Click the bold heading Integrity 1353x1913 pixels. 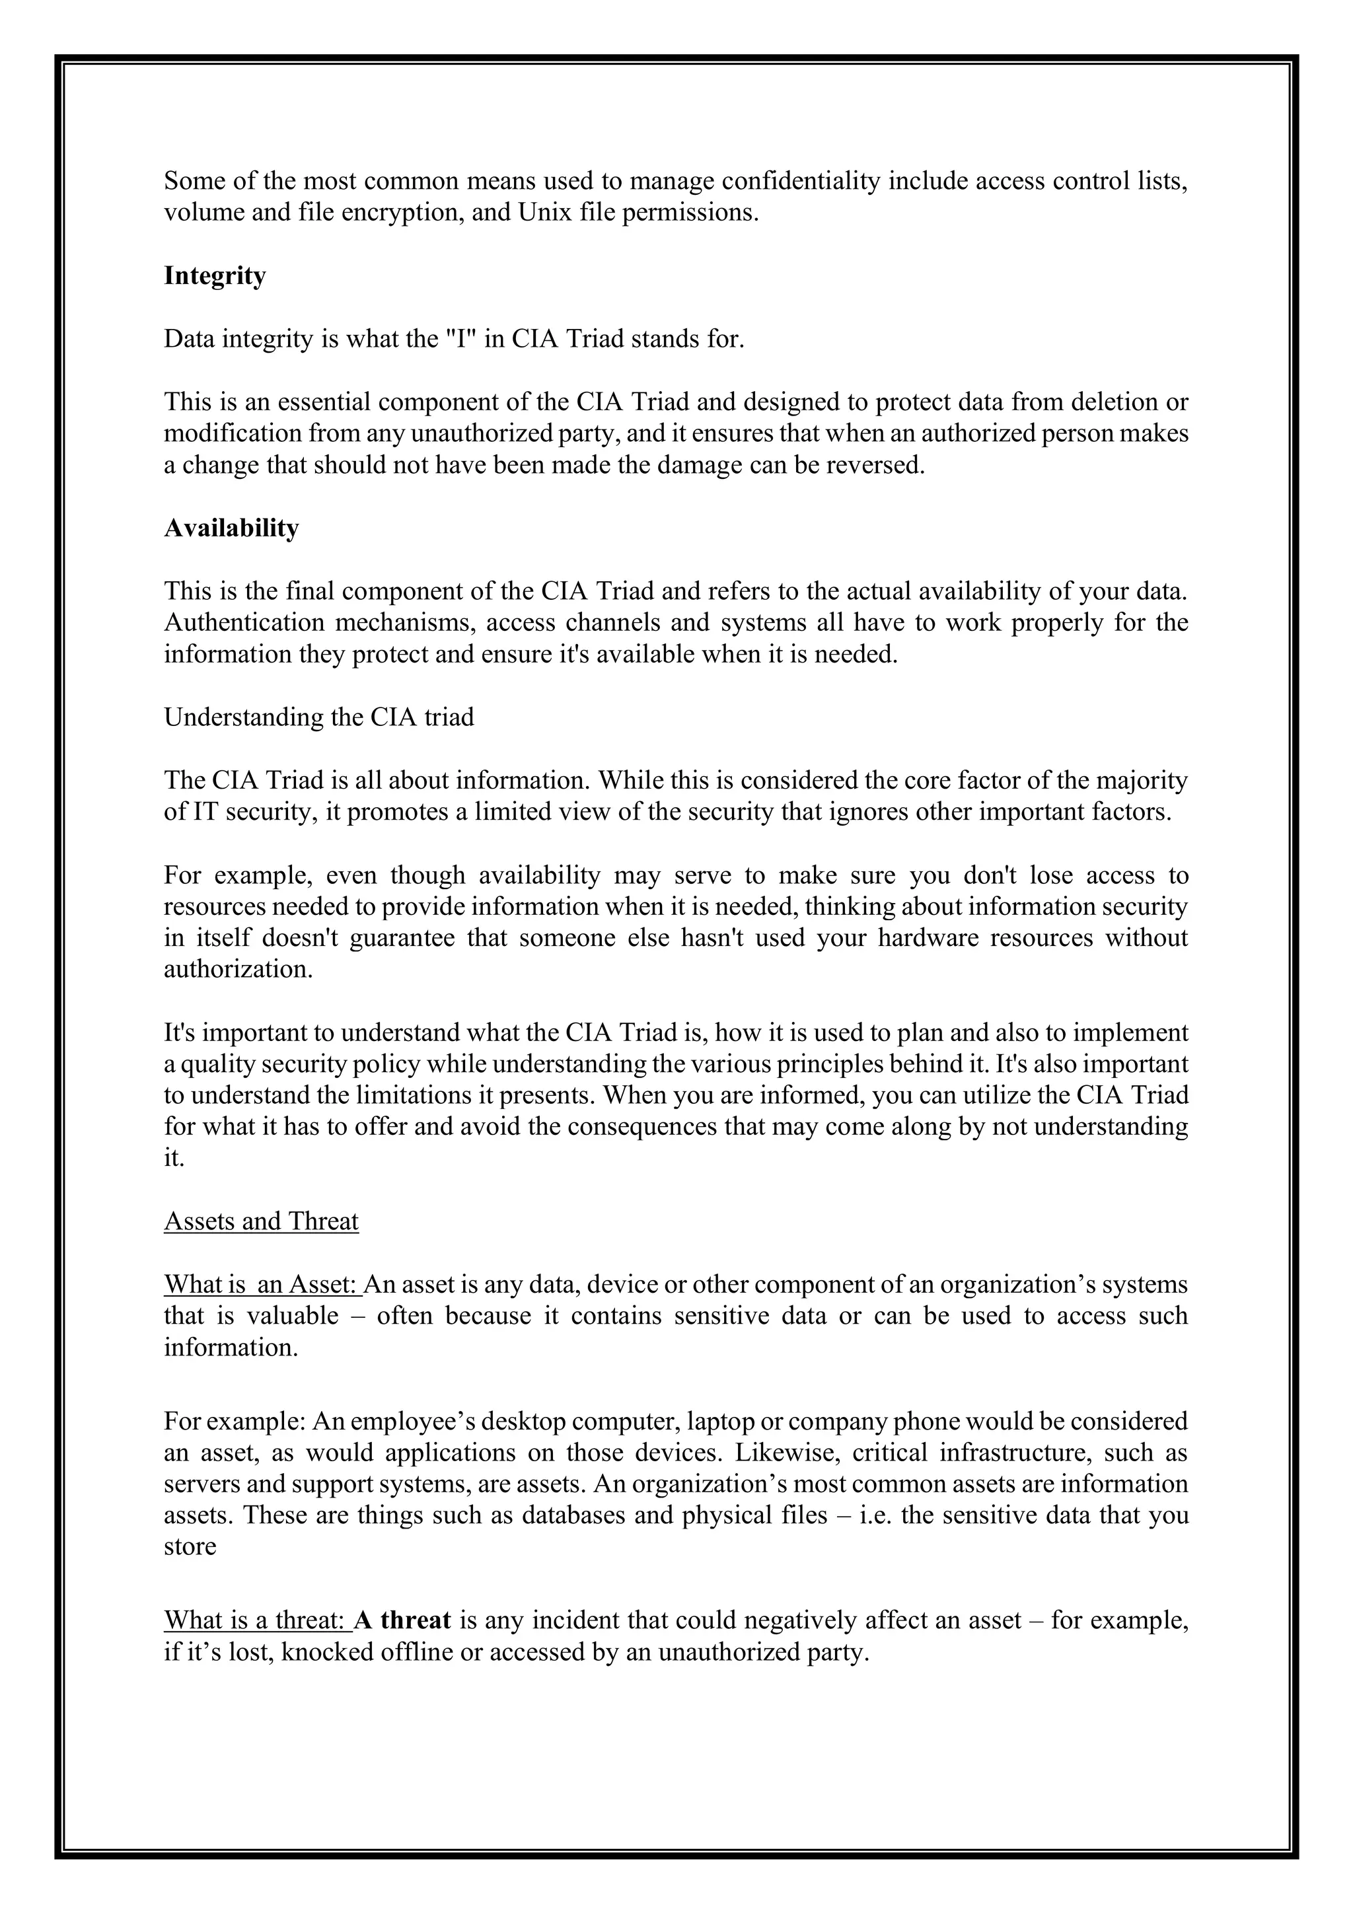[215, 275]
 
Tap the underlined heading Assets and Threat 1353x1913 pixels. [261, 1221]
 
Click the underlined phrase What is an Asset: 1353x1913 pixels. [262, 1285]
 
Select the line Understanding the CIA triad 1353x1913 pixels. [319, 717]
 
